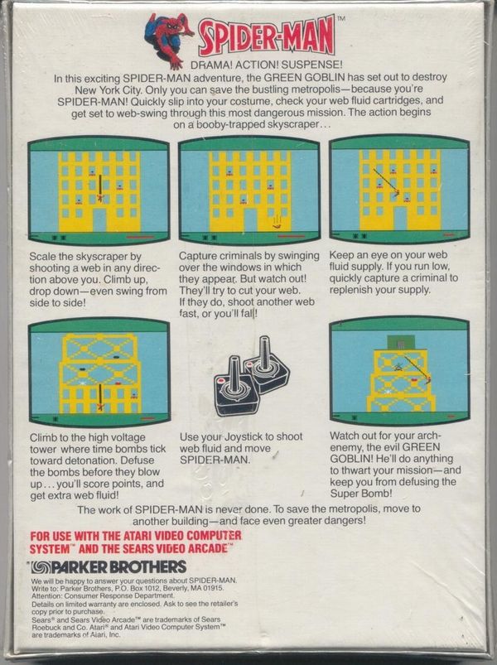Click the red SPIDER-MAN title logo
click(x=267, y=36)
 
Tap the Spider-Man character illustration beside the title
click(x=168, y=39)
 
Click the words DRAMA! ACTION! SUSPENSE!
click(x=267, y=65)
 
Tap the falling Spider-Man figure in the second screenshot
click(x=277, y=221)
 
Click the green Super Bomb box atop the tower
click(x=401, y=343)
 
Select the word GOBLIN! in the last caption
click(x=352, y=459)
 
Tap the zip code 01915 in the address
click(x=215, y=588)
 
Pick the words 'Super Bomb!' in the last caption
click(x=360, y=494)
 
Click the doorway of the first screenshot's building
click(x=99, y=219)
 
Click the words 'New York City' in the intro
click(x=107, y=90)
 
